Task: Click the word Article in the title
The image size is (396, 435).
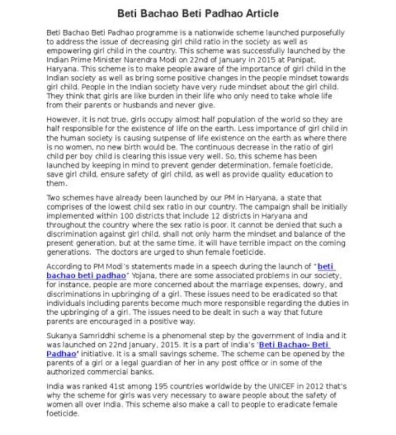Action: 258,13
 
